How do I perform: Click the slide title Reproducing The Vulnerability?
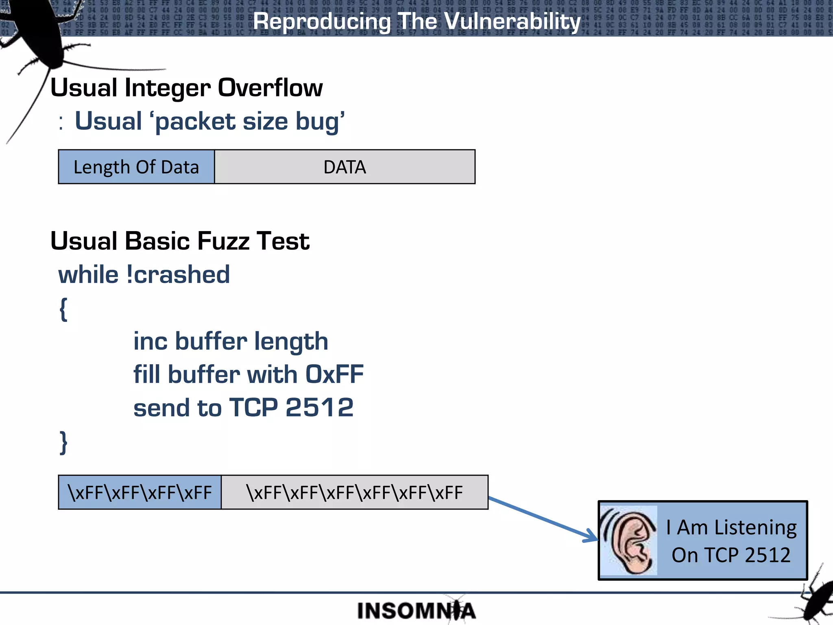click(416, 21)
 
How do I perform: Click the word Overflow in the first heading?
click(270, 87)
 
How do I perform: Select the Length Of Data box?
click(136, 167)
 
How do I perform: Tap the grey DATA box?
click(345, 167)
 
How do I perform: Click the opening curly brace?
click(63, 309)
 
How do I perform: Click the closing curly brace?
click(63, 442)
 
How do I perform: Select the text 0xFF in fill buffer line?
click(334, 374)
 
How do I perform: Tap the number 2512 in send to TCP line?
click(319, 407)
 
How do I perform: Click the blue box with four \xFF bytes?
click(140, 492)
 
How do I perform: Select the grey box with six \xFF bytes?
click(354, 492)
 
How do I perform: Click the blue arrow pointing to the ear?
click(543, 519)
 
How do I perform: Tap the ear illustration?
click(629, 540)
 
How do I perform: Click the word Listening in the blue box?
click(755, 527)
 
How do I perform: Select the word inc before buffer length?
click(150, 341)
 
